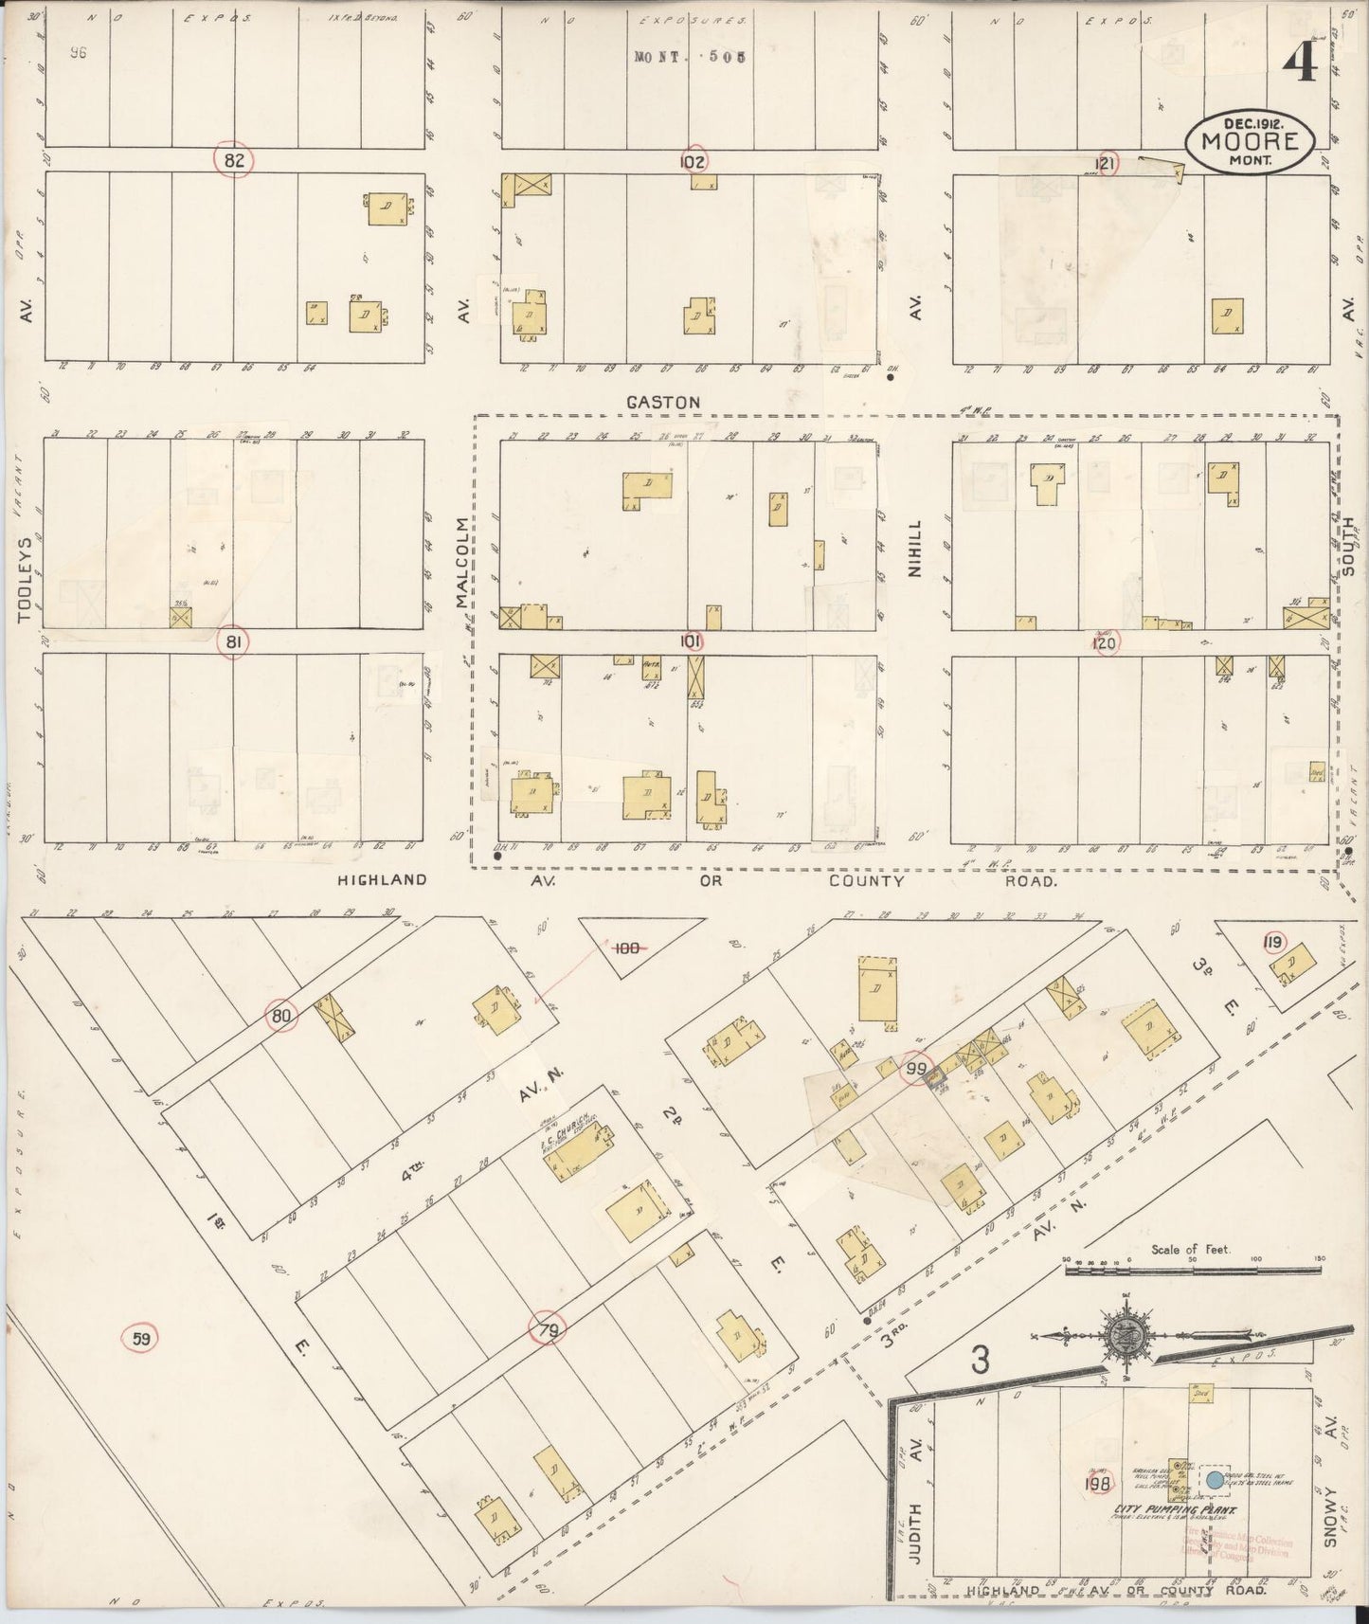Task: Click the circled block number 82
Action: pos(233,160)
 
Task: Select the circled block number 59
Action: pos(141,1339)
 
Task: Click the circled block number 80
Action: pos(280,1017)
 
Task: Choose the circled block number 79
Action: pos(549,1331)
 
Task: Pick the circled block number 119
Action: pos(1273,941)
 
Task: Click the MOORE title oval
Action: pos(1250,142)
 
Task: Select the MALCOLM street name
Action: pos(461,563)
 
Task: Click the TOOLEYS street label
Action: pos(25,581)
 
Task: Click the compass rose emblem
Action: pos(1125,1337)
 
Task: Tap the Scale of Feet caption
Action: pos(1191,1249)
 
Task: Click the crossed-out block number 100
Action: pos(626,947)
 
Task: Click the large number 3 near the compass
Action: pos(979,1362)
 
